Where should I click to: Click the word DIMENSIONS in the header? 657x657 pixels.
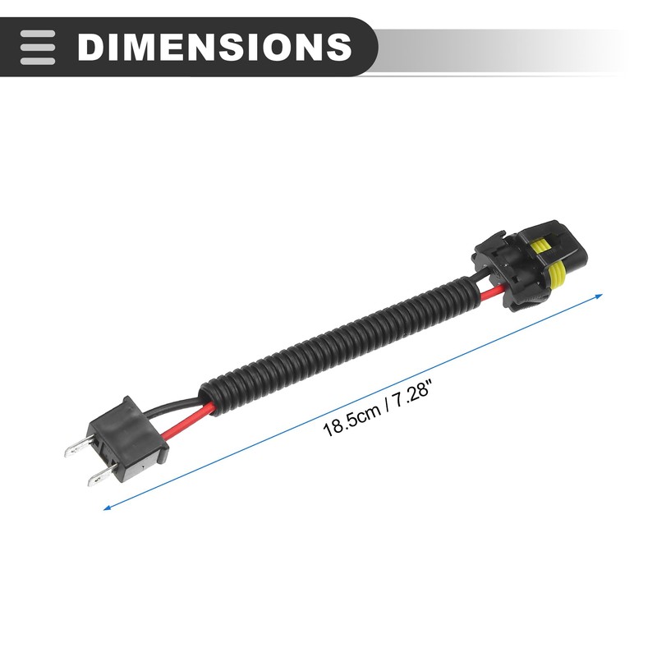214,47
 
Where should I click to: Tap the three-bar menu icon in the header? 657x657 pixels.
38,47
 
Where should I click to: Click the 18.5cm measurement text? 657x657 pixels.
351,417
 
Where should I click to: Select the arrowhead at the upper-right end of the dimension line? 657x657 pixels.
599,296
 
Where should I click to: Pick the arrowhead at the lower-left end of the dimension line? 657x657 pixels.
108,508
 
